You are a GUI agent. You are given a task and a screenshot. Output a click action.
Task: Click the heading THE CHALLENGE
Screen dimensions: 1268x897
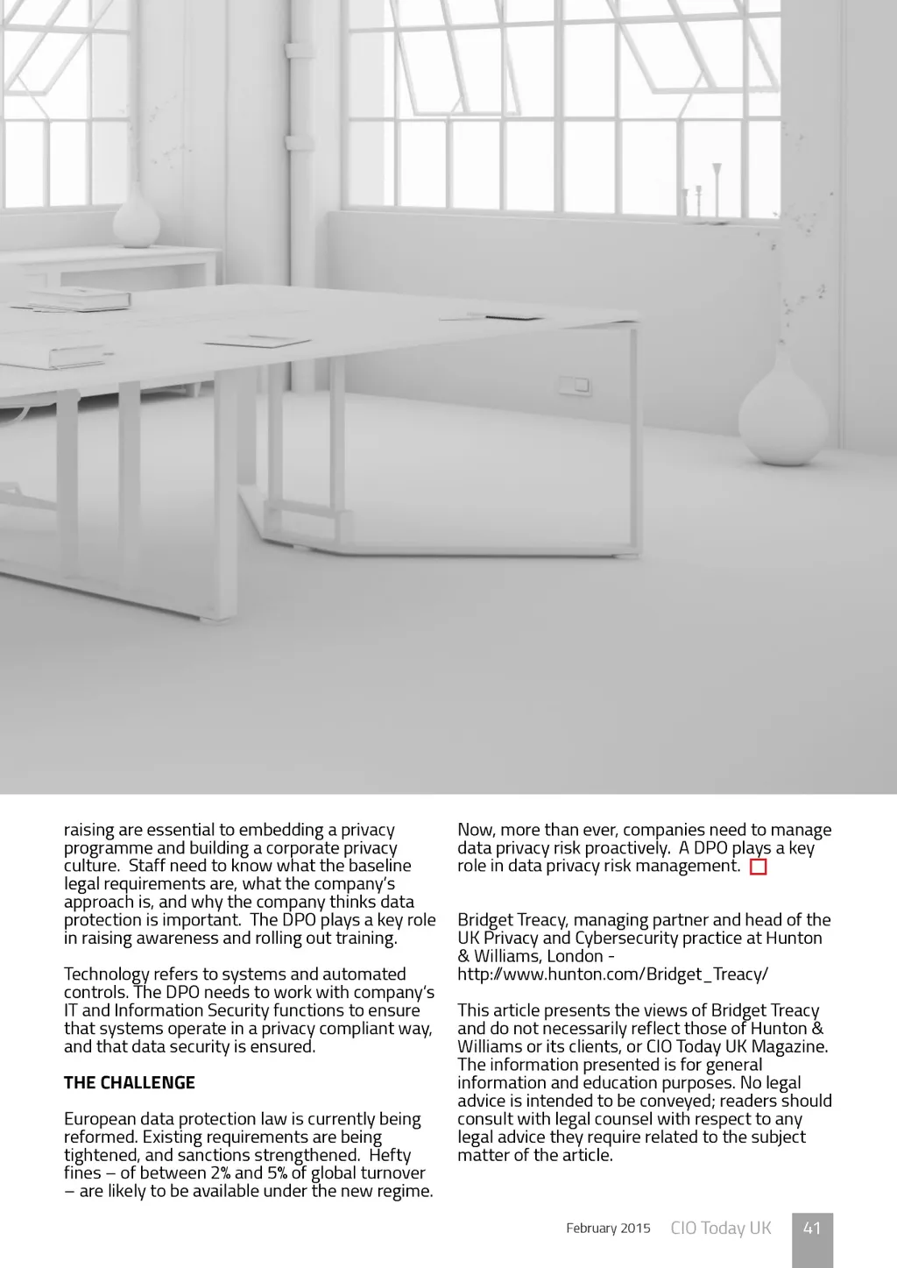pos(130,1083)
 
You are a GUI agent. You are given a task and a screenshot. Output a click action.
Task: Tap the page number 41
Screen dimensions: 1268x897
pos(812,1229)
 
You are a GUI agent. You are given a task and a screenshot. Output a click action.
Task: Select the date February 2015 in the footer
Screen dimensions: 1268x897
pos(608,1229)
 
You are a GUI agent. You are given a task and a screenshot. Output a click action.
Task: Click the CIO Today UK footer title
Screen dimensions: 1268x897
pos(721,1229)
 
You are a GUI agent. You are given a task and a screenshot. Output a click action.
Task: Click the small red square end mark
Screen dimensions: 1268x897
pos(759,868)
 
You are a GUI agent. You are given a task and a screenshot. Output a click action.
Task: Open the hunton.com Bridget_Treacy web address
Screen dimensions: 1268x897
pos(612,974)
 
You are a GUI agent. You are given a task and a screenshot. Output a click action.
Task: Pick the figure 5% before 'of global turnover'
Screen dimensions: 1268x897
pos(277,1173)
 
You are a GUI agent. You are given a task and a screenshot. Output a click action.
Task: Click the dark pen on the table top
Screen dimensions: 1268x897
pos(513,316)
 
